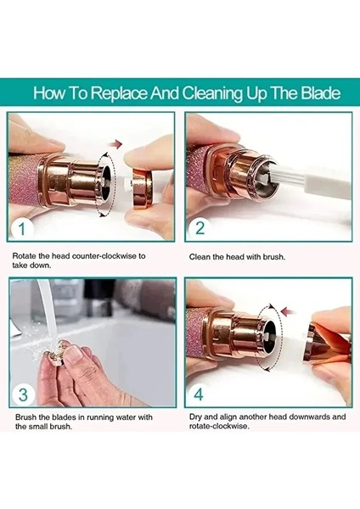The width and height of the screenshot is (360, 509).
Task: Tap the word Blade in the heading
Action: click(320, 93)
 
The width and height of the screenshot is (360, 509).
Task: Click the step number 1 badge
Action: click(22, 228)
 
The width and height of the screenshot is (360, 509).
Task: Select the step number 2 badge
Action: click(200, 228)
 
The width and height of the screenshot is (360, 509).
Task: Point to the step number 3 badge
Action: click(24, 394)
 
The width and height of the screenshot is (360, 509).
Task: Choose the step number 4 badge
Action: click(199, 394)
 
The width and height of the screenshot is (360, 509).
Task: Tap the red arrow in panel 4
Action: click(288, 311)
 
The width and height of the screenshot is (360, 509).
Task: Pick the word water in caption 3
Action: click(126, 417)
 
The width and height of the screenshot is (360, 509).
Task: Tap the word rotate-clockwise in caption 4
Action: click(219, 426)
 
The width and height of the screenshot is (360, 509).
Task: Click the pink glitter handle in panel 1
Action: click(25, 182)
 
